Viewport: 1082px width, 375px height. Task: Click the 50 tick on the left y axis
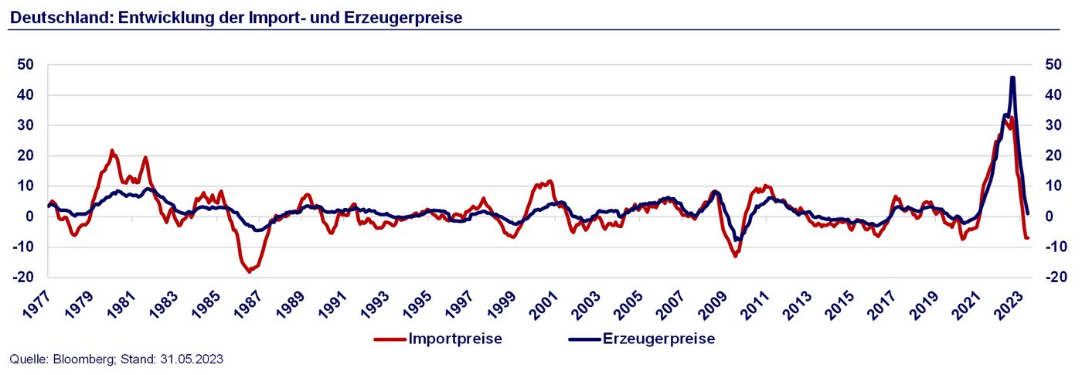(26, 65)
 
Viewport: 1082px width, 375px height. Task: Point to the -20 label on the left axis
(23, 277)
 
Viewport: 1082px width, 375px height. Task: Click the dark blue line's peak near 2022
(1012, 77)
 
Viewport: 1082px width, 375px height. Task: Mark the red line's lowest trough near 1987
(249, 271)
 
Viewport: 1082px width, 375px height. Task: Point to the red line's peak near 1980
(112, 151)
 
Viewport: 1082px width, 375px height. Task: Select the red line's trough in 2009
(735, 256)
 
